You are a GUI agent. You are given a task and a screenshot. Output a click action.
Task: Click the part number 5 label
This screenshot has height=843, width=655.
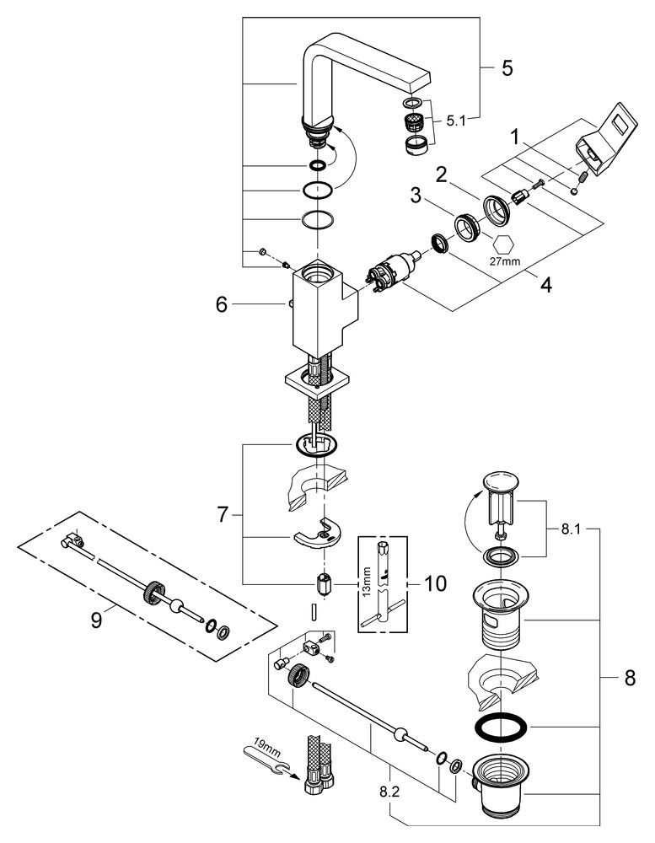507,67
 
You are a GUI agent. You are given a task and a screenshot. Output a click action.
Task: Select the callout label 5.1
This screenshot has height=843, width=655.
455,120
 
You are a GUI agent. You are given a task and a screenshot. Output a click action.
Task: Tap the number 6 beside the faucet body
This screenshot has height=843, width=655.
221,304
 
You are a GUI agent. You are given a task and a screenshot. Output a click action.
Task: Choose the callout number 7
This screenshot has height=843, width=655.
223,514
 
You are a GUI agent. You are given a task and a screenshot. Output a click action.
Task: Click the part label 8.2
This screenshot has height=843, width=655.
389,792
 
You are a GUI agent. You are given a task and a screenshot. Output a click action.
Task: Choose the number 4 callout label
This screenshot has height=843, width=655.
546,285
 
